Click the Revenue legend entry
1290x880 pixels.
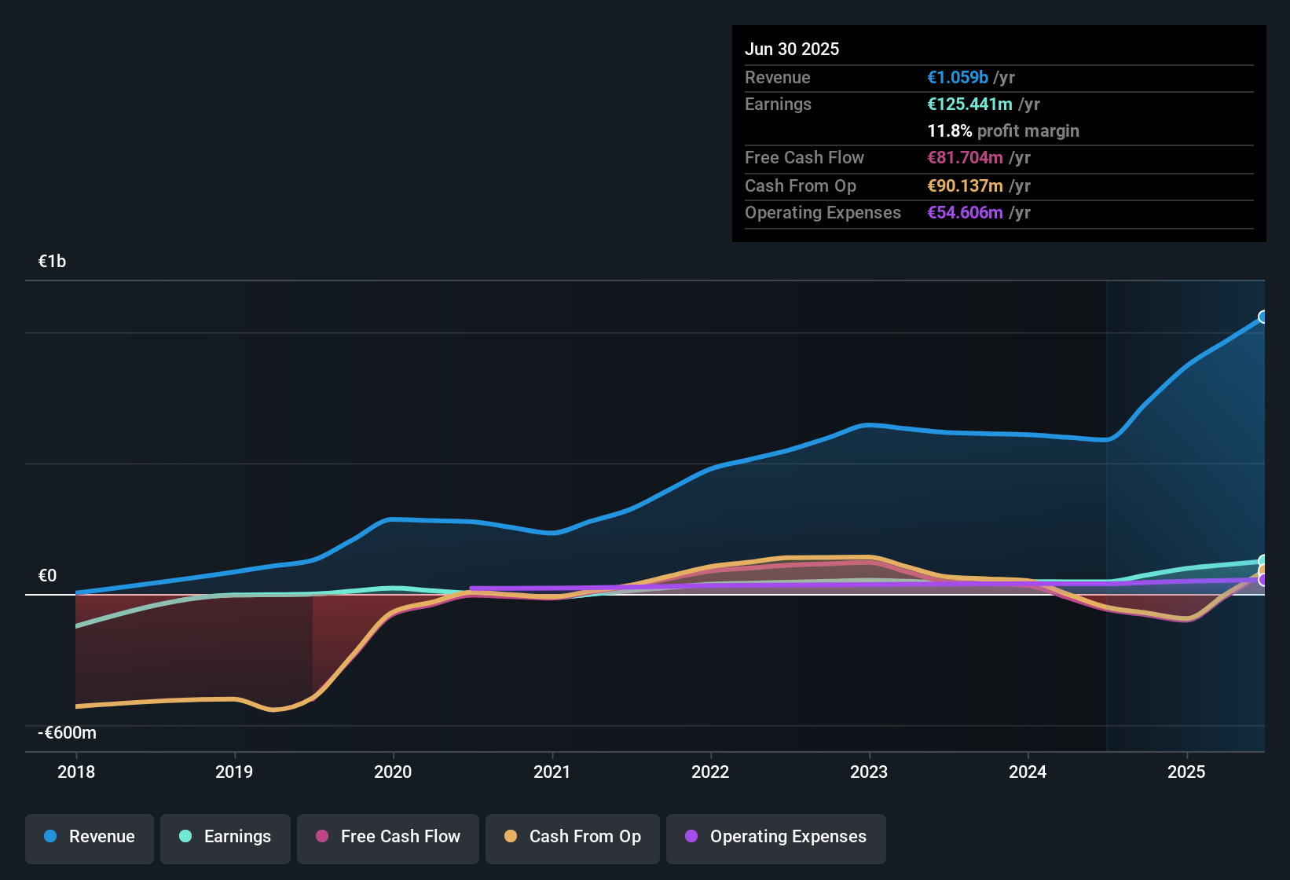click(x=90, y=837)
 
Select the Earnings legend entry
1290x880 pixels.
click(x=225, y=837)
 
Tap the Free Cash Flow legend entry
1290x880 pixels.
click(x=388, y=837)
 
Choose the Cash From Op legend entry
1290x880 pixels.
click(x=573, y=837)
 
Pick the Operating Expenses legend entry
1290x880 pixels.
click(x=776, y=837)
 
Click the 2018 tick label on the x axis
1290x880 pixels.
click(x=76, y=772)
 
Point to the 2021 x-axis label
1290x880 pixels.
click(x=552, y=772)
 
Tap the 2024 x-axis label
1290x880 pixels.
click(x=1028, y=772)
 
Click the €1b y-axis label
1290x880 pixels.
click(x=53, y=262)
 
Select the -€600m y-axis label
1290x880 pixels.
click(x=68, y=733)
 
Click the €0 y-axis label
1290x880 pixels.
click(x=48, y=576)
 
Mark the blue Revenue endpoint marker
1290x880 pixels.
click(x=1263, y=317)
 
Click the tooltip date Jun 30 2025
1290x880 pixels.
click(x=792, y=49)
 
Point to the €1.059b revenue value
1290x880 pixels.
click(x=958, y=78)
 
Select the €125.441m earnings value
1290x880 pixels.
click(x=969, y=104)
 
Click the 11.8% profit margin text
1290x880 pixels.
click(x=1003, y=131)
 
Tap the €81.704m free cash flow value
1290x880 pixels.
click(x=965, y=158)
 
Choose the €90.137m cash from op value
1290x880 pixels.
click(x=965, y=186)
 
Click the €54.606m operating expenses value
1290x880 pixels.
click(x=965, y=213)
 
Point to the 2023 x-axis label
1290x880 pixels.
click(x=869, y=772)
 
